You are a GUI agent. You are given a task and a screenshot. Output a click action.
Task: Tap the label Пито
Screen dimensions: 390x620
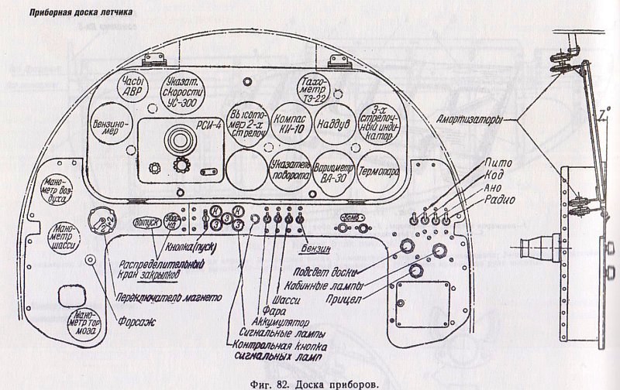click(x=496, y=163)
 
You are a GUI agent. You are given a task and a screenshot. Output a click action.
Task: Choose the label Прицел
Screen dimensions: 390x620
click(x=342, y=297)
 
